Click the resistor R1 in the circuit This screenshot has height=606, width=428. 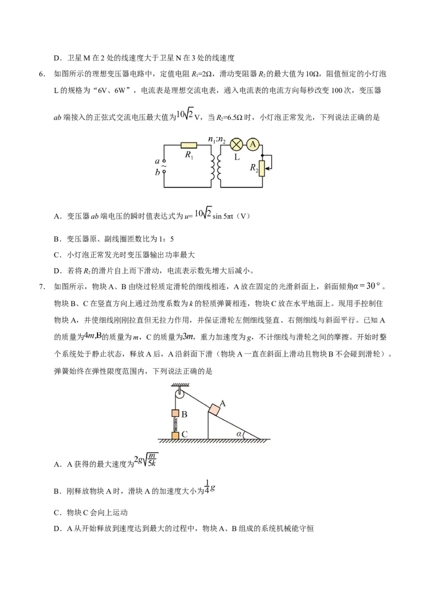point(189,145)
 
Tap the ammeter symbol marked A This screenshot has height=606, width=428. point(254,144)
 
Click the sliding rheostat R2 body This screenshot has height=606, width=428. point(262,168)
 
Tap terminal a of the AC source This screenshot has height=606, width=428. point(164,161)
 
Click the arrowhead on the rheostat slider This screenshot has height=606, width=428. point(267,168)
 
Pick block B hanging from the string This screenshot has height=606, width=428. point(175,414)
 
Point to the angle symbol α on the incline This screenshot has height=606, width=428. point(240,434)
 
